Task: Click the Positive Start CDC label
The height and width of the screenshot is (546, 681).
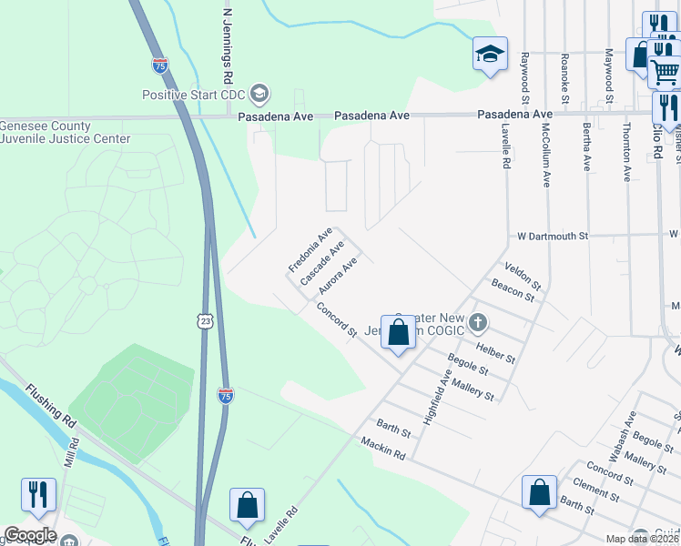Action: [x=195, y=94]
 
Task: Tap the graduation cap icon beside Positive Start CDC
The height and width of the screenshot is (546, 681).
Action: [x=260, y=94]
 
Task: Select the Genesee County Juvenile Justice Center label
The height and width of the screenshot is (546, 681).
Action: [x=66, y=133]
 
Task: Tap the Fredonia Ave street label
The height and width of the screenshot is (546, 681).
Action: [x=310, y=251]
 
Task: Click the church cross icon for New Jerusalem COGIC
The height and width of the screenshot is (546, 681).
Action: [x=480, y=322]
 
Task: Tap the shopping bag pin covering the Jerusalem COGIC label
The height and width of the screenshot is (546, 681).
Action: [x=398, y=333]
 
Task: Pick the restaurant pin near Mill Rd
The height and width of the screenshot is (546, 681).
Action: [x=38, y=495]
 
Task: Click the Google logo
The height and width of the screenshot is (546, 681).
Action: [x=29, y=535]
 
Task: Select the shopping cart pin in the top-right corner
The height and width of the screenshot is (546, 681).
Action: [x=665, y=71]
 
